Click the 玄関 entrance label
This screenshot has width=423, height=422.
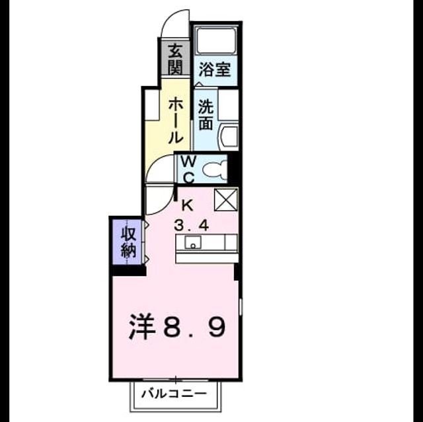175,59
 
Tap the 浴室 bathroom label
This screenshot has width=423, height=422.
215,69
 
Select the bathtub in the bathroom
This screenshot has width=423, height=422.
216,40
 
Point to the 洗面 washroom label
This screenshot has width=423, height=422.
206,114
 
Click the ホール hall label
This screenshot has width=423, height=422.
176,120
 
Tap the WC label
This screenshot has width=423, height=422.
188,170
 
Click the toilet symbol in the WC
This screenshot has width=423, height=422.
215,170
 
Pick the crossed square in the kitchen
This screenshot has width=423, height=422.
226,199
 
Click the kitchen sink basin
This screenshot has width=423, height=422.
192,242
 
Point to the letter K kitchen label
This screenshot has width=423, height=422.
188,206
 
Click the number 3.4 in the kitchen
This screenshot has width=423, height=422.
192,225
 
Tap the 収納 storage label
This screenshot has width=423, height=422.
128,242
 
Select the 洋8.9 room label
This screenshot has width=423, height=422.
176,327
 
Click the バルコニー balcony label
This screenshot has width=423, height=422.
174,394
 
